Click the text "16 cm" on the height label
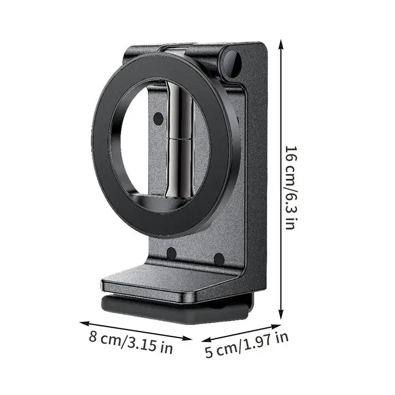coord(291,160)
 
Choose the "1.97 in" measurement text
coord(264,342)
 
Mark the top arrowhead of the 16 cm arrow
coord(281,43)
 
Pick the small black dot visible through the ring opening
coord(158,118)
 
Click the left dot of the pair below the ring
coord(171,254)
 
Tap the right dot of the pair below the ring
coord(219,258)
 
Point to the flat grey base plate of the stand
coord(163,281)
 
